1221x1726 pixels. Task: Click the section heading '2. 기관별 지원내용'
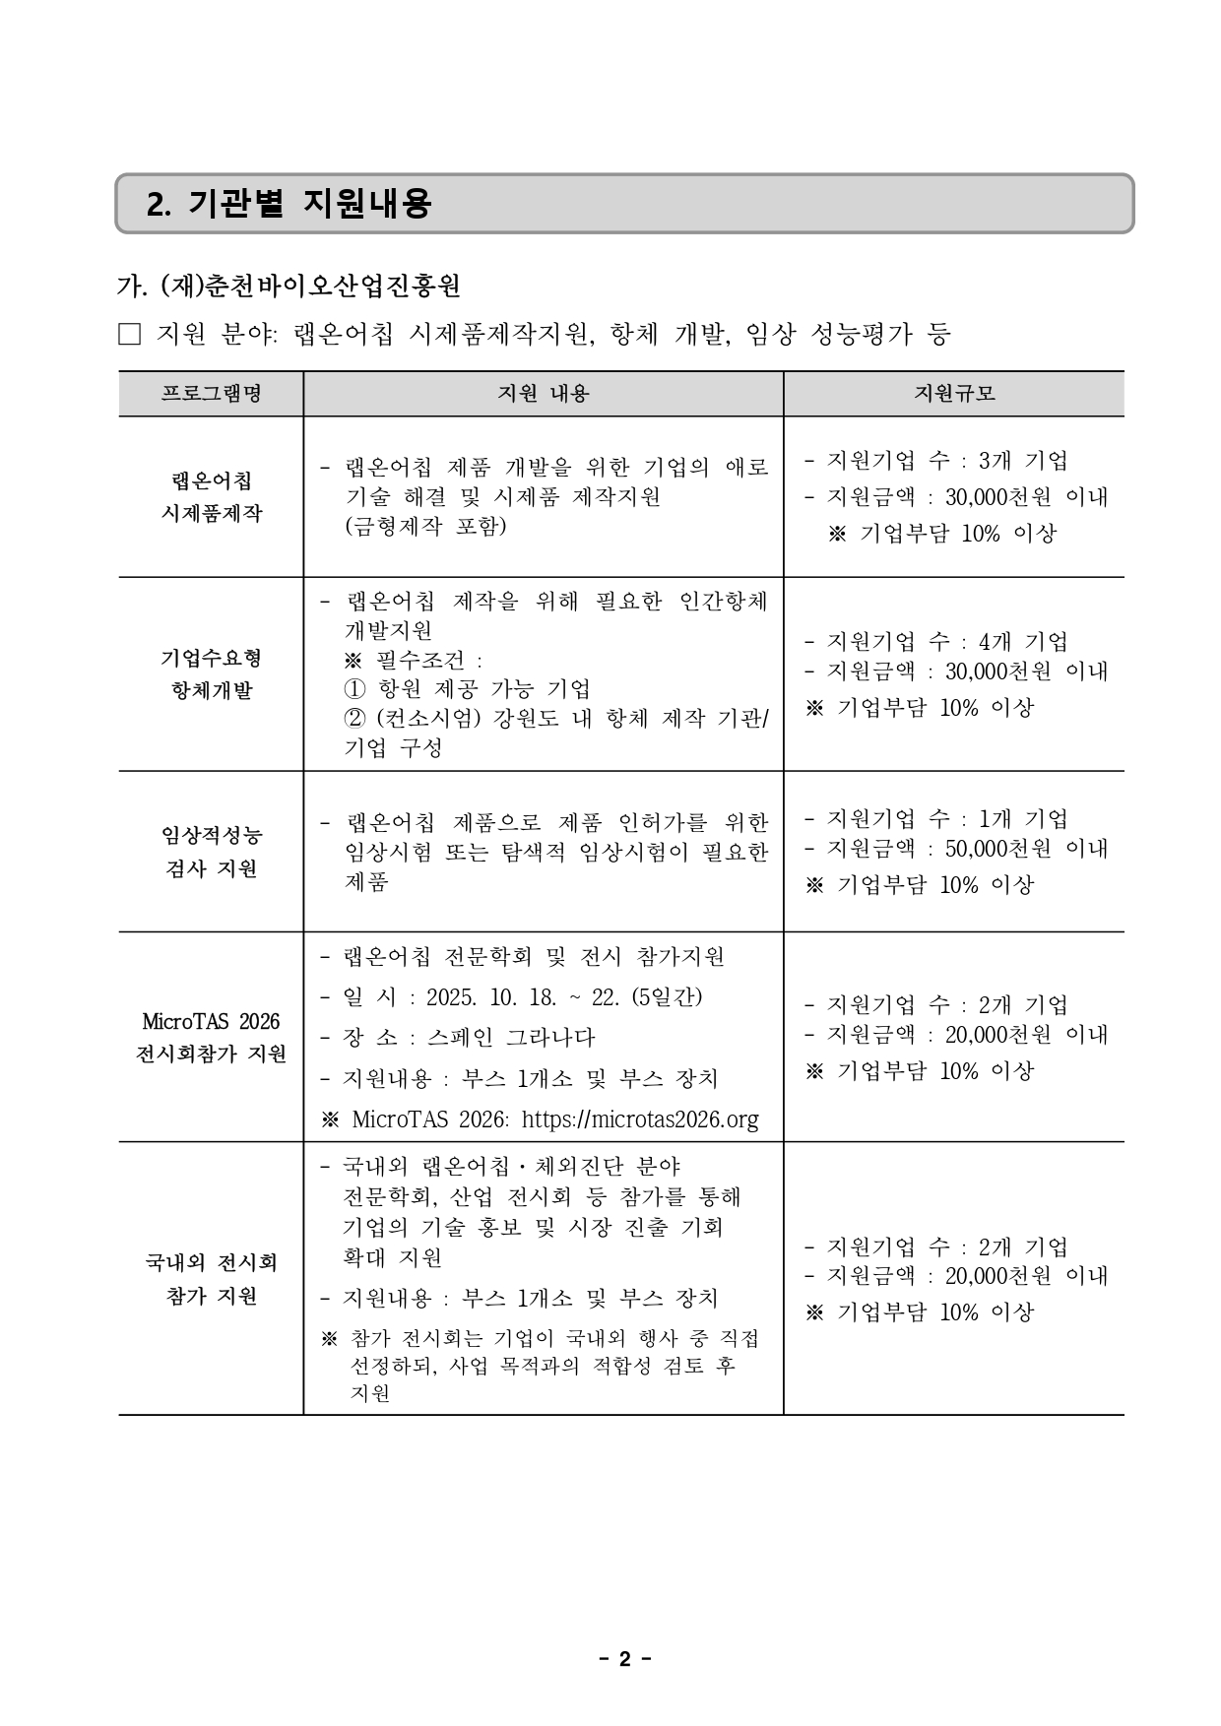[289, 204]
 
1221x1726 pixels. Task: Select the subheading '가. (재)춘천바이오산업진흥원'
[289, 287]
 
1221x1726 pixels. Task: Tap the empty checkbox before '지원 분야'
[129, 335]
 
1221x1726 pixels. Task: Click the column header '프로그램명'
[211, 394]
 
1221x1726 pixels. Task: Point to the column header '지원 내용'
[543, 394]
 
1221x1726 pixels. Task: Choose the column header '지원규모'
[953, 394]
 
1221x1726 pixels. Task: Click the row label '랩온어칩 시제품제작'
[211, 497]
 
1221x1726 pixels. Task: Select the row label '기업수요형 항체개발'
[211, 673]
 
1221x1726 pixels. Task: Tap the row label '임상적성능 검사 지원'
[211, 852]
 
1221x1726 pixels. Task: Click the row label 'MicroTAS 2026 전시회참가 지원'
[211, 1037]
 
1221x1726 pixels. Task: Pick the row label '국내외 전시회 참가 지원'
[211, 1278]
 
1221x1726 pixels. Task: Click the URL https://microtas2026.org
[640, 1119]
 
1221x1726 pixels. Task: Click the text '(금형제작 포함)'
[425, 526]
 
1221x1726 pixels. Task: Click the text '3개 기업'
[1023, 461]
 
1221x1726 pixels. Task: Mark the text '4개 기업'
[1023, 642]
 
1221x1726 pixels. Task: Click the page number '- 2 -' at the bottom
[624, 1660]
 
